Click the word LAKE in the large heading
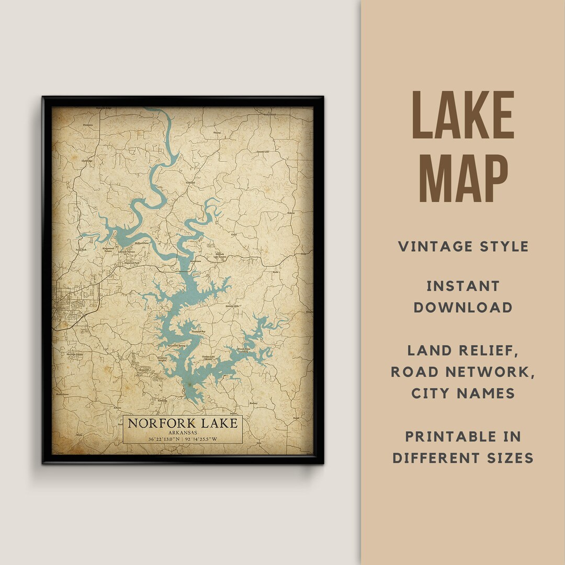click(463, 115)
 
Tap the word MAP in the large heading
click(463, 177)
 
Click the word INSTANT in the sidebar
click(463, 286)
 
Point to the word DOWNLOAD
click(463, 307)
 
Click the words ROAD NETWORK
click(463, 371)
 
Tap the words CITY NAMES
click(463, 393)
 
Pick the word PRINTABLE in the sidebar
click(463, 436)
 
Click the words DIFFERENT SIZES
click(463, 458)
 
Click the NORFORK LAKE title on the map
click(183, 423)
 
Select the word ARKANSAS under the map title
click(183, 432)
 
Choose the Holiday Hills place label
click(232, 306)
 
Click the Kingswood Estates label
click(108, 250)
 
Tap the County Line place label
click(263, 152)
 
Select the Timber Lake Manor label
click(210, 358)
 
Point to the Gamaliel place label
click(190, 183)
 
